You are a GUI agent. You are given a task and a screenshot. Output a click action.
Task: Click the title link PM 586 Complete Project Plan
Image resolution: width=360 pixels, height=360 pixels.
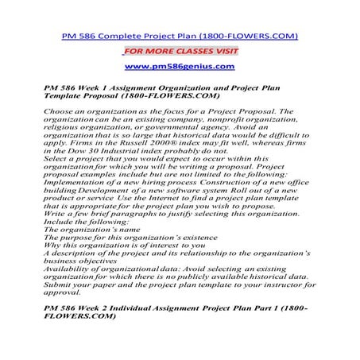[180, 36]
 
